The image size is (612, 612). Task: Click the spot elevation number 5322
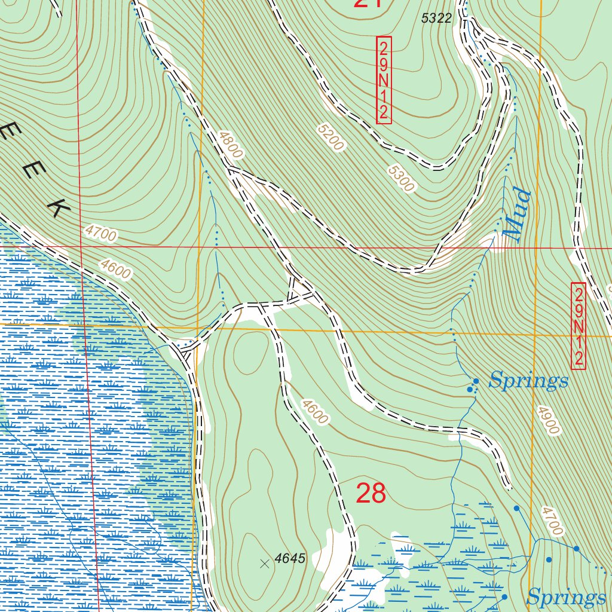coord(436,19)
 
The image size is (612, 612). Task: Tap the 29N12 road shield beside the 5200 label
coord(384,80)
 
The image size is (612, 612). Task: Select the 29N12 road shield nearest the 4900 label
coord(578,326)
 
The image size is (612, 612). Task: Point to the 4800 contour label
coord(231,145)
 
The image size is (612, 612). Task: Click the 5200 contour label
coord(331,137)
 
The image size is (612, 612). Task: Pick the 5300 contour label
coord(400,179)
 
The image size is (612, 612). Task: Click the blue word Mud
coord(516,215)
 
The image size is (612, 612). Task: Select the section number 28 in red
coord(371,494)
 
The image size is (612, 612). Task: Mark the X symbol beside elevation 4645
coord(265,563)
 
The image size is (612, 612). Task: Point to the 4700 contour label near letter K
coord(100,234)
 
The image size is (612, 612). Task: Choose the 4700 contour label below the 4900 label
coord(552,521)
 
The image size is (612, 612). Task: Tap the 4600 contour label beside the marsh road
coord(116,269)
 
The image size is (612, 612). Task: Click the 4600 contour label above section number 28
coord(314,412)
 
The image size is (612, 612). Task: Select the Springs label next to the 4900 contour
coord(528,380)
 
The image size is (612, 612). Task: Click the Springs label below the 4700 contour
coord(565,597)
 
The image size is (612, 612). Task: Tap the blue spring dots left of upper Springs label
coord(472,386)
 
